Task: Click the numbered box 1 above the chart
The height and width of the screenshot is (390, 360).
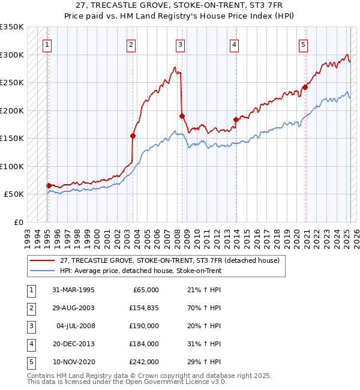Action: point(46,44)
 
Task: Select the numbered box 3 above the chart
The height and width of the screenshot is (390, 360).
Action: point(180,44)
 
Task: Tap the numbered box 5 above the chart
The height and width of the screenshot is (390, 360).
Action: point(304,44)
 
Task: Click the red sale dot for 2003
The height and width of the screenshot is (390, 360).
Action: point(133,136)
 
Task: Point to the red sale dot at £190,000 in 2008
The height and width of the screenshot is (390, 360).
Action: point(182,116)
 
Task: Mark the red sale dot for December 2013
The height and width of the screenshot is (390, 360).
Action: point(236,119)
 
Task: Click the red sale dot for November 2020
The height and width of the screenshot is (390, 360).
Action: point(305,87)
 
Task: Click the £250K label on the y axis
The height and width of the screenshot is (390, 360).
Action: point(12,83)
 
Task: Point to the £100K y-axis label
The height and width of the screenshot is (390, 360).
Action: point(12,166)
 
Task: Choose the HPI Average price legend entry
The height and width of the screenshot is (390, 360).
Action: point(140,271)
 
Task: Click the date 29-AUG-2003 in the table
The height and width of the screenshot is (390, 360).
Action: point(73,308)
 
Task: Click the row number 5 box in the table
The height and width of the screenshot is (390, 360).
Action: point(30,362)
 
